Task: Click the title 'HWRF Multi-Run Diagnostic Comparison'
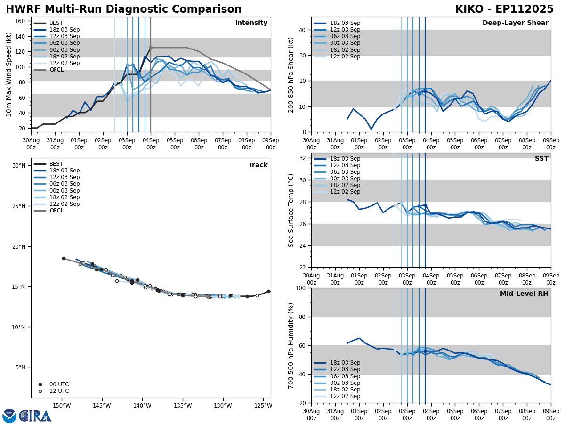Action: click(x=123, y=9)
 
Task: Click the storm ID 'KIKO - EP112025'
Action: click(x=504, y=9)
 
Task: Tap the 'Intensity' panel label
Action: click(x=251, y=23)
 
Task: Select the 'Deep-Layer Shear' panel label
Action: click(x=515, y=23)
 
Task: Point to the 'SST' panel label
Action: click(x=541, y=159)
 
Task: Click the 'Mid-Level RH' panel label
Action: click(x=524, y=294)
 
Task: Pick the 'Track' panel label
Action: click(x=258, y=165)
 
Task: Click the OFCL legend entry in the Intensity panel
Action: click(x=56, y=70)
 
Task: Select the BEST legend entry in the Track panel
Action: click(x=56, y=164)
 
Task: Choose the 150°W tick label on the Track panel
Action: click(x=62, y=406)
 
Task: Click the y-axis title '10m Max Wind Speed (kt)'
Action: click(x=9, y=74)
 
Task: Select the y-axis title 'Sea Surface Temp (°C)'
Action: click(x=291, y=210)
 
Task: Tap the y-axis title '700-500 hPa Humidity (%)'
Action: click(x=291, y=346)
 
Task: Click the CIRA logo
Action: click(x=27, y=416)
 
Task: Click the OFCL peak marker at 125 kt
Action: click(x=151, y=48)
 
